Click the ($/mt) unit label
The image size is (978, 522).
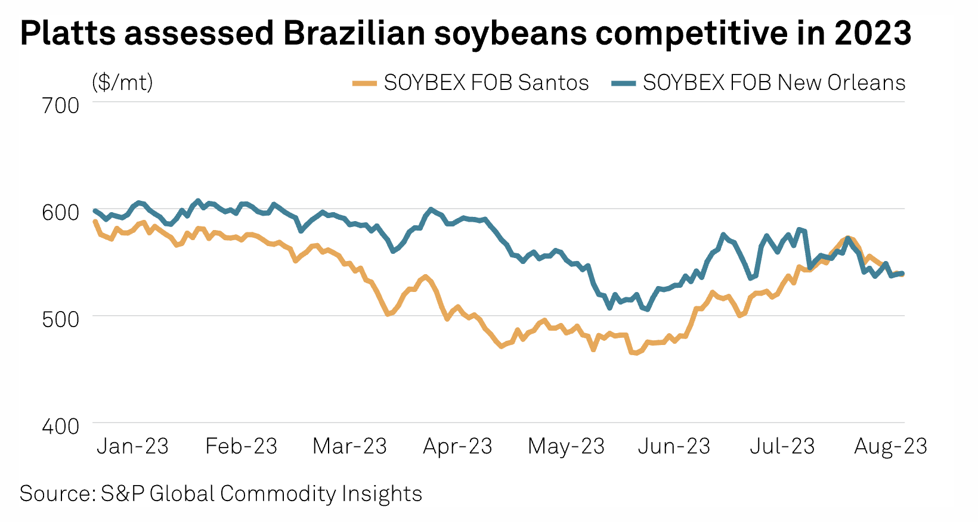click(122, 82)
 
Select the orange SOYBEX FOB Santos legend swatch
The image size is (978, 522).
click(364, 83)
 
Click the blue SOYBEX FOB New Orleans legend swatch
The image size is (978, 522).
click(623, 83)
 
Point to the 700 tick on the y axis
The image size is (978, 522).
click(60, 105)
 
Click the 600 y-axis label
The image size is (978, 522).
click(60, 212)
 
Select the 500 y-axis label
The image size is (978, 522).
click(60, 319)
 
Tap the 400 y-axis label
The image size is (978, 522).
click(60, 426)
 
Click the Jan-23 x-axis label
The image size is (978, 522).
click(132, 446)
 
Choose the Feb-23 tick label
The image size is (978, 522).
click(241, 446)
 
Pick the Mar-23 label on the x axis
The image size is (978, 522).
click(349, 446)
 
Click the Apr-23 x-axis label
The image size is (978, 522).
click(457, 446)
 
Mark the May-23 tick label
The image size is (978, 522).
click(566, 446)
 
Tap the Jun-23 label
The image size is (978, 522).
click(674, 446)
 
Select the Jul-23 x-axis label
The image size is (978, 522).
click(782, 446)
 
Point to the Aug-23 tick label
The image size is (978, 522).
click(890, 446)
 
